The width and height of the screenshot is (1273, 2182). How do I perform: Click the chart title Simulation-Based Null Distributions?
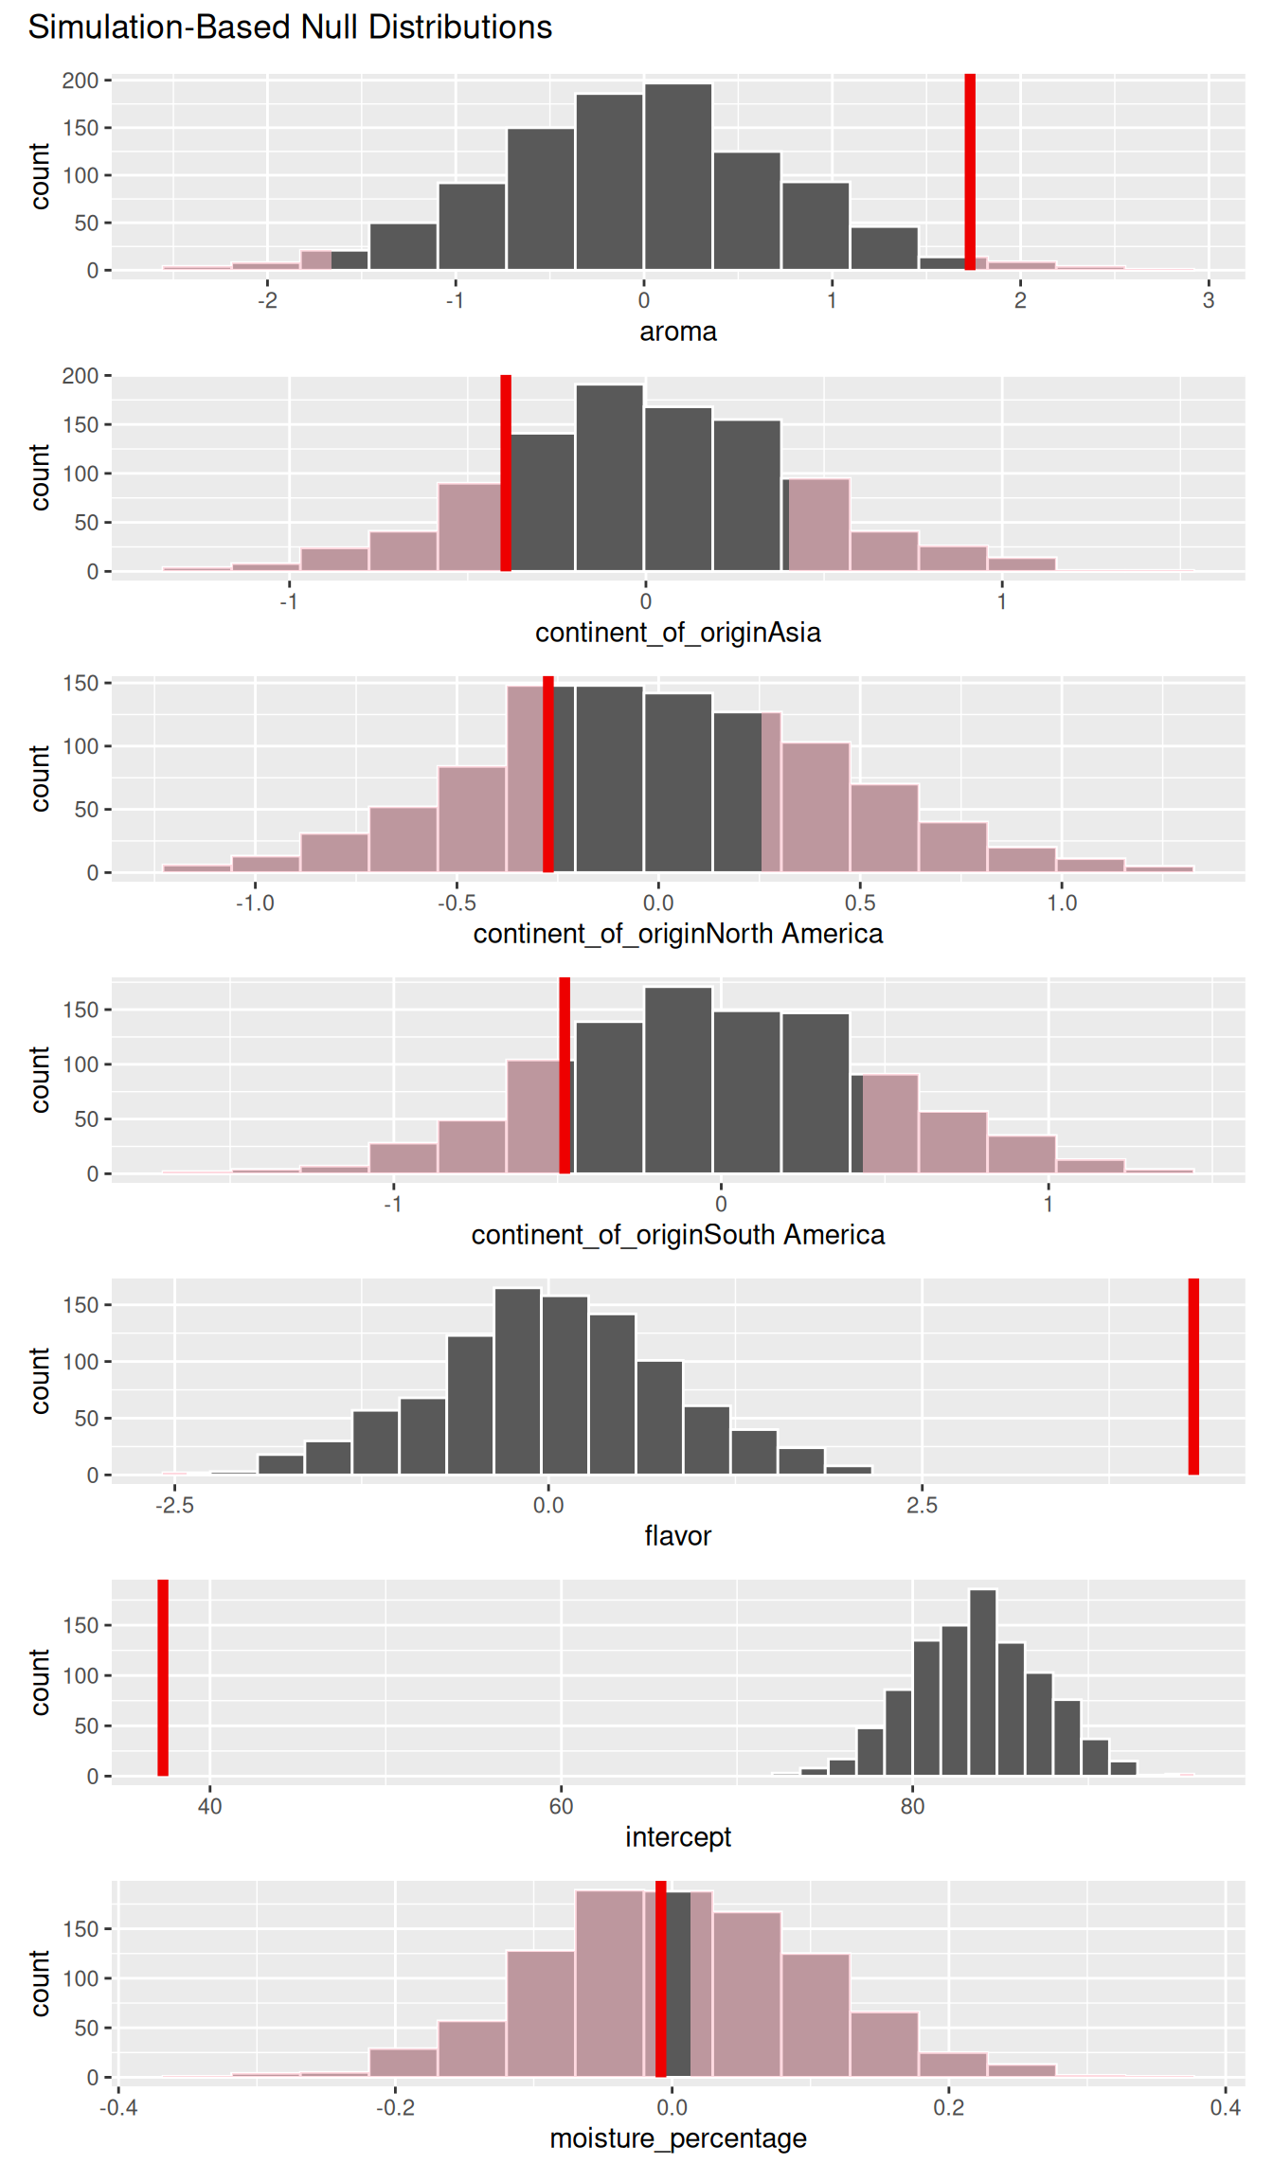290,27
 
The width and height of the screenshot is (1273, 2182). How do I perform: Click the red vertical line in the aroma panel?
970,171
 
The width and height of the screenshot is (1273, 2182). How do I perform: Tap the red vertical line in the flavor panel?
1193,1376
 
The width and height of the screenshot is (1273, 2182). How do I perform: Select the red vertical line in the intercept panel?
163,1677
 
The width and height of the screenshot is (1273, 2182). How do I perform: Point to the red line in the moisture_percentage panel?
661,1978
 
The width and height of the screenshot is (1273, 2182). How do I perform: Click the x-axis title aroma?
678,331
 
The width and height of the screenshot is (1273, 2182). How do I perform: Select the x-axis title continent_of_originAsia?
678,633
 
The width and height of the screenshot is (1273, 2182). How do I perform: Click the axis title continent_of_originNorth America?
678,934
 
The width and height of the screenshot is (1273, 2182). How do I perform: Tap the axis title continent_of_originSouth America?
678,1235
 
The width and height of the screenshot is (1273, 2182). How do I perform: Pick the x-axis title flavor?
678,1535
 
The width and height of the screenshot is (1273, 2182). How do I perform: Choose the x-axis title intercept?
678,1837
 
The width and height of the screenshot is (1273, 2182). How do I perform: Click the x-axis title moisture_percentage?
678,2138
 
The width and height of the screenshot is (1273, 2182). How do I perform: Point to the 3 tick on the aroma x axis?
1209,300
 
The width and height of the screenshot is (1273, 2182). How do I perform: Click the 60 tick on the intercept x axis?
561,1806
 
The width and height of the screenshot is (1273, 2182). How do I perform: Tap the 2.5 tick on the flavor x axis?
922,1505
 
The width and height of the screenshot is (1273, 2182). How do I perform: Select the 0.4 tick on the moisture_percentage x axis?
1225,2107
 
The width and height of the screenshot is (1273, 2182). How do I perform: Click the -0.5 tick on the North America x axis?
457,903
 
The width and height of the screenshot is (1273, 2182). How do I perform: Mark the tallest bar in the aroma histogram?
678,177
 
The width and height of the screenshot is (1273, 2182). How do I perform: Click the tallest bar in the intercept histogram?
983,1683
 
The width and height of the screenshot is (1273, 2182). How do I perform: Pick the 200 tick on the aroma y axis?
81,80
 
